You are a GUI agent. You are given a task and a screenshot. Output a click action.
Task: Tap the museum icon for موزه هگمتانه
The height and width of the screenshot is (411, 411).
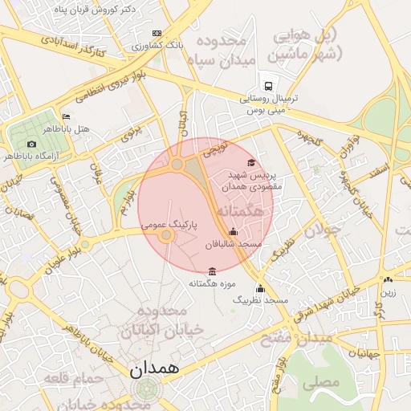(211, 271)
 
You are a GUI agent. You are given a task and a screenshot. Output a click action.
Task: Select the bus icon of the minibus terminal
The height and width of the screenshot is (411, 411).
(267, 87)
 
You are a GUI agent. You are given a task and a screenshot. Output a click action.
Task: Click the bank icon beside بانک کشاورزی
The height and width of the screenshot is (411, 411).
(157, 33)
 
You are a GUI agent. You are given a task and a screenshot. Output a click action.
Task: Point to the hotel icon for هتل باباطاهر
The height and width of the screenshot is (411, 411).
(66, 116)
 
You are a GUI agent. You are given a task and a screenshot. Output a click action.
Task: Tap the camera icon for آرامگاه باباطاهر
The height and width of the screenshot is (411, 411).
(31, 144)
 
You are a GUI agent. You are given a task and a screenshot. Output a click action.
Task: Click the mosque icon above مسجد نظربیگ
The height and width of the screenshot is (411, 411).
(259, 289)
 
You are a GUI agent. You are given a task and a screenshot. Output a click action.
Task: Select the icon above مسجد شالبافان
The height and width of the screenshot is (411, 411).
(234, 232)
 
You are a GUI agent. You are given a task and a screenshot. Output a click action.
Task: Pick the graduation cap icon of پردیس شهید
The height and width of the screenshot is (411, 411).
(251, 163)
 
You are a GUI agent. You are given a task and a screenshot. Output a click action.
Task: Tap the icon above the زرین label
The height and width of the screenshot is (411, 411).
(389, 280)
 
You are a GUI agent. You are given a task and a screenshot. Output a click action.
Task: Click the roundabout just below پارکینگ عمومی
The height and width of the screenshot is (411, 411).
(166, 236)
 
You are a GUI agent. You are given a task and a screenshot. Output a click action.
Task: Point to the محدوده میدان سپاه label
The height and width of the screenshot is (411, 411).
(220, 50)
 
